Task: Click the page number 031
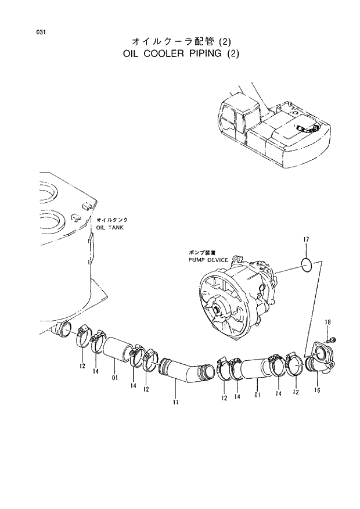click(x=40, y=31)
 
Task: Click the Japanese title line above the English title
click(x=181, y=41)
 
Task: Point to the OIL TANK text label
click(x=110, y=227)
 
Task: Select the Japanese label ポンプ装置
click(x=201, y=253)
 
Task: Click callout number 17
click(x=306, y=240)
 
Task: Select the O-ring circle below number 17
click(x=307, y=266)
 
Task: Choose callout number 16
click(x=316, y=390)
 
